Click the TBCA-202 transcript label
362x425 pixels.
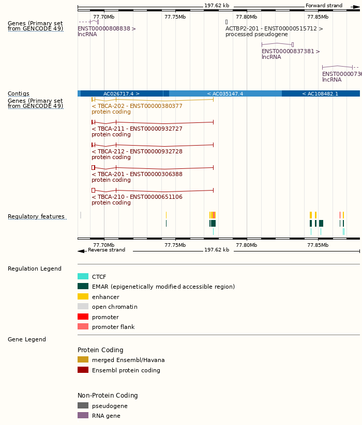tap(137, 106)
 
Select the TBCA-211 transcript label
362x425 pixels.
tap(137, 129)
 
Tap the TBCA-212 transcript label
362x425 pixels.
tap(137, 151)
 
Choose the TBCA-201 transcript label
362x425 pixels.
tap(137, 174)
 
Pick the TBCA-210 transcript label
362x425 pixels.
tap(137, 197)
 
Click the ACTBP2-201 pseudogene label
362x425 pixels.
tap(274, 28)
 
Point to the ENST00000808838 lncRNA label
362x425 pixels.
tap(107, 28)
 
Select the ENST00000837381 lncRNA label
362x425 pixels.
tap(291, 51)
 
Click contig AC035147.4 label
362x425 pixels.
tap(225, 93)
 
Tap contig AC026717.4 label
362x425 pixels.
tap(122, 93)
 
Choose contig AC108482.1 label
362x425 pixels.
tap(320, 93)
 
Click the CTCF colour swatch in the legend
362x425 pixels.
tap(83, 276)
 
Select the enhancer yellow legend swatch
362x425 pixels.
tap(83, 296)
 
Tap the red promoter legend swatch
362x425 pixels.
tap(83, 317)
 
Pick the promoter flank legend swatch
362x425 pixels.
tap(83, 326)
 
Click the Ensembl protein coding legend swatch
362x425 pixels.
tap(83, 370)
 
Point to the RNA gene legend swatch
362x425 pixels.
tap(83, 415)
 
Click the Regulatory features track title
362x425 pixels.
tap(36, 216)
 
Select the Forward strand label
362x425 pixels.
tap(324, 6)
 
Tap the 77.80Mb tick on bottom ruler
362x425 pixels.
tap(246, 245)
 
